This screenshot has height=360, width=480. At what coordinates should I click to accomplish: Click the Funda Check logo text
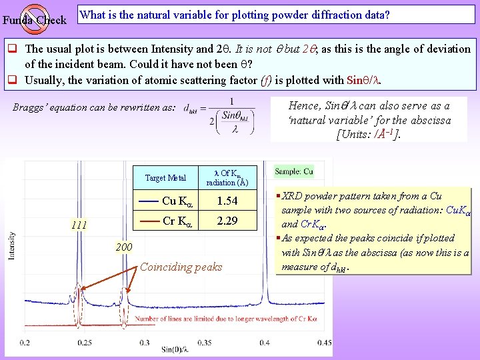pyautogui.click(x=35, y=20)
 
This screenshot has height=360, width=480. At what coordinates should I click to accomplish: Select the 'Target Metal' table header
pyautogui.click(x=165, y=178)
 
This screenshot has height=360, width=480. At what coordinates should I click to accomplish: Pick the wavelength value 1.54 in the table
pyautogui.click(x=227, y=201)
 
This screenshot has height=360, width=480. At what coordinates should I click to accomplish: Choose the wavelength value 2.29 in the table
pyautogui.click(x=227, y=221)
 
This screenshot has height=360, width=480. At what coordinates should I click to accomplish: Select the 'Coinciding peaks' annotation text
pyautogui.click(x=181, y=267)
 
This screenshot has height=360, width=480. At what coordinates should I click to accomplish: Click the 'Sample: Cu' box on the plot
pyautogui.click(x=294, y=171)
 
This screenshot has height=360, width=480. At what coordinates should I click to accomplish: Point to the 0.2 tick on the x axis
pyautogui.click(x=25, y=342)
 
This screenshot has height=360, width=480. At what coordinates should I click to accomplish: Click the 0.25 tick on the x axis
pyautogui.click(x=85, y=342)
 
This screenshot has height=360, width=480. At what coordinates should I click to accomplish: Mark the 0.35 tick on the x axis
pyautogui.click(x=205, y=342)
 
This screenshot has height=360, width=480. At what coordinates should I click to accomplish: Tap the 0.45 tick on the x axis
pyautogui.click(x=324, y=342)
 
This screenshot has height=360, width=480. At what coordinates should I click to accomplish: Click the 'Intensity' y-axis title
pyautogui.click(x=11, y=245)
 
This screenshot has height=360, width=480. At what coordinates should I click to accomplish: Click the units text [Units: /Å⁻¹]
pyautogui.click(x=369, y=134)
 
